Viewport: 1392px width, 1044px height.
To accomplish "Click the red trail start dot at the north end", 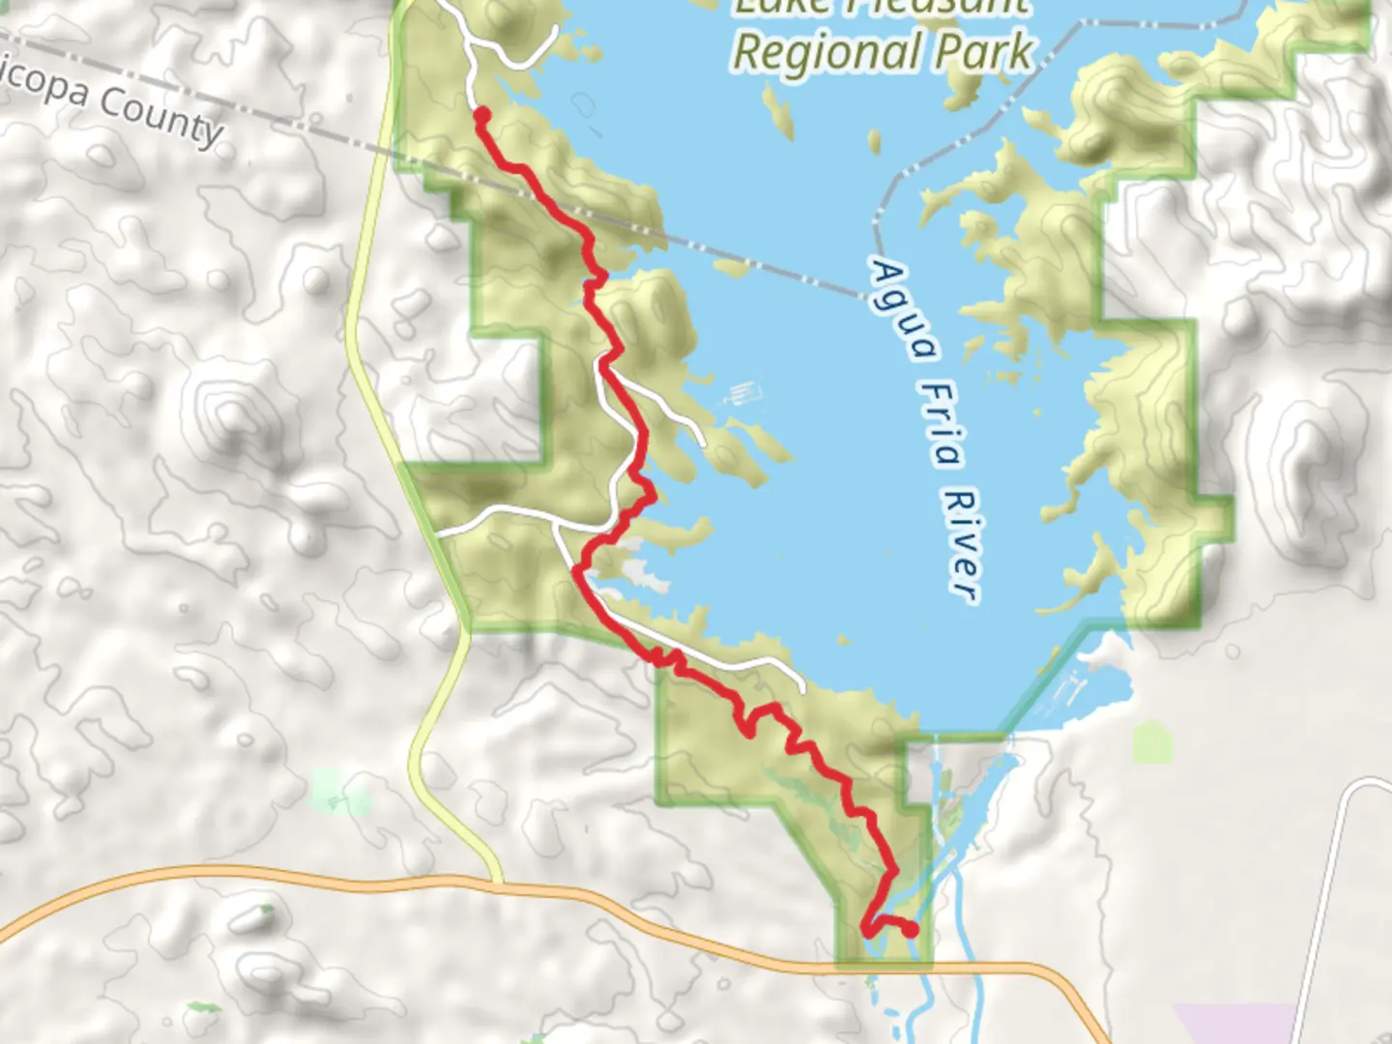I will (480, 116).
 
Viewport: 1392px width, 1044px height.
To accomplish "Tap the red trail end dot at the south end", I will (910, 930).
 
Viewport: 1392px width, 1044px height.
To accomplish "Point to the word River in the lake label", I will (962, 546).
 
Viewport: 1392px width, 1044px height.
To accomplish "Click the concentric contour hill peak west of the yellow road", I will (232, 416).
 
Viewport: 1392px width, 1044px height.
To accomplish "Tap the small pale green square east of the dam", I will (1151, 741).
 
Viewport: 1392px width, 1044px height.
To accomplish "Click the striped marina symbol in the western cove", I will (743, 394).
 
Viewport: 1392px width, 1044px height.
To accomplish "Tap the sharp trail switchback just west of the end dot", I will (865, 931).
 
